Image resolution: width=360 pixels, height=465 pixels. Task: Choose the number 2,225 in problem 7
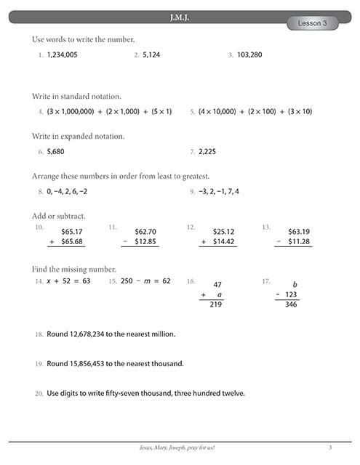(207, 152)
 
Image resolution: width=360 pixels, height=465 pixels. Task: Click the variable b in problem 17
(295, 283)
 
